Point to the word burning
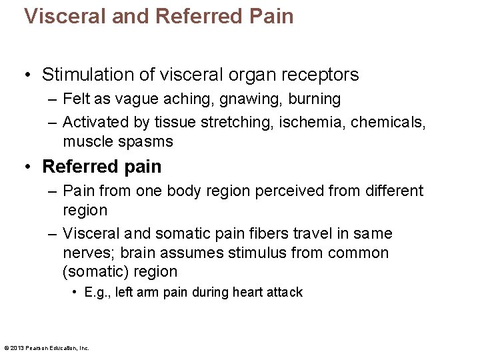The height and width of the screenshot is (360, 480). (315, 99)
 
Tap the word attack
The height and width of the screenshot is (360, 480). (285, 292)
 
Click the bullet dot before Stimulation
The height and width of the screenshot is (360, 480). (29, 75)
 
